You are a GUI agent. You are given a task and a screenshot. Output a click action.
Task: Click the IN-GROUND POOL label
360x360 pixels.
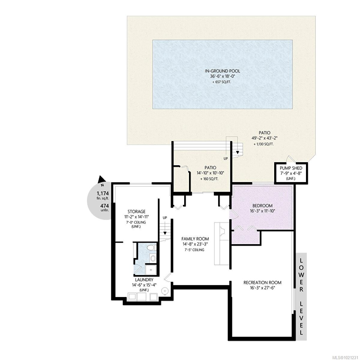tap(222, 71)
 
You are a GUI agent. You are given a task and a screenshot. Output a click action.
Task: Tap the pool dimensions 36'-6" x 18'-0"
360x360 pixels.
tap(222, 76)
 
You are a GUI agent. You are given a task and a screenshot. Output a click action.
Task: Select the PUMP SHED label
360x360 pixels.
tap(291, 168)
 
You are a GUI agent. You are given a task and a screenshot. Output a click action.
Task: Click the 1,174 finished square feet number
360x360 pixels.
tap(103, 193)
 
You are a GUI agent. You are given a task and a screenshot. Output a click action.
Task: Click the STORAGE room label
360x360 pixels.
tap(136, 211)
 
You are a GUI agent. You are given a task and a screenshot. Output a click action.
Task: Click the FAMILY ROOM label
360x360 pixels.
tap(195, 239)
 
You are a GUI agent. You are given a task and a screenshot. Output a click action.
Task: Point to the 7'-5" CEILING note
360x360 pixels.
tap(194, 250)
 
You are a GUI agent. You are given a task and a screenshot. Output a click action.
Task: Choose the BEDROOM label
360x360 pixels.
tap(262, 205)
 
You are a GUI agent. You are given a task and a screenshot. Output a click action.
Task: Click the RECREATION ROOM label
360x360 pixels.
tap(262, 282)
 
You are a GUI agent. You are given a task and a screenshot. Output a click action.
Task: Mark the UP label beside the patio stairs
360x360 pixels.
tap(226, 158)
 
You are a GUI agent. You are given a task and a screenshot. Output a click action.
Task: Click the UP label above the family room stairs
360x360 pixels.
tap(165, 217)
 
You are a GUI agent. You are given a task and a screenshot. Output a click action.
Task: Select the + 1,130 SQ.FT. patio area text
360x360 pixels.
tap(263, 144)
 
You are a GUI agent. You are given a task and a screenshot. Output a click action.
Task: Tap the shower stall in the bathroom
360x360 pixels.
tap(150, 269)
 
